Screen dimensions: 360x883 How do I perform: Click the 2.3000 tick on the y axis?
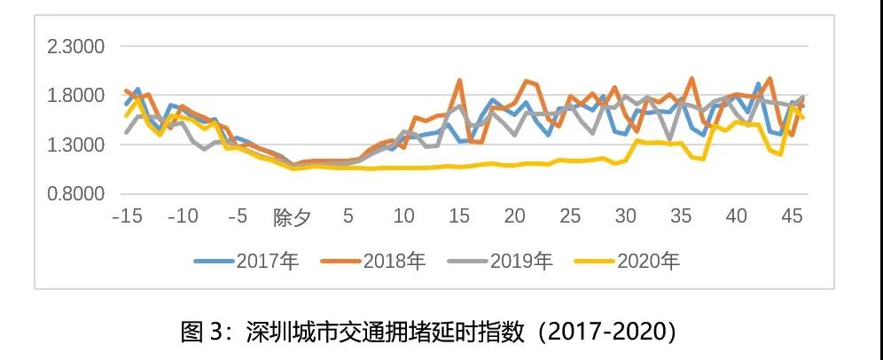[75, 47]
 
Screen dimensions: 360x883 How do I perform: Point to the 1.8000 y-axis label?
[75, 96]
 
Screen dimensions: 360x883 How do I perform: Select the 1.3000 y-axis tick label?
[75, 145]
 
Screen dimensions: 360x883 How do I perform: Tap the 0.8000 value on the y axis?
[75, 193]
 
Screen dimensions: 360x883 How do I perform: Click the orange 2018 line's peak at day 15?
[459, 81]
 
